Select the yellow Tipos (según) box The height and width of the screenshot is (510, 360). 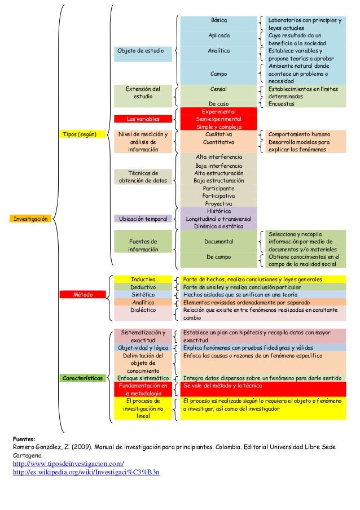click(79, 134)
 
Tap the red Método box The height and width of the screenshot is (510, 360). click(83, 295)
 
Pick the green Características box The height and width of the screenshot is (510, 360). click(83, 378)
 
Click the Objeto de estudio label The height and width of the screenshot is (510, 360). click(136, 51)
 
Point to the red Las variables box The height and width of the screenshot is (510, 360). click(143, 119)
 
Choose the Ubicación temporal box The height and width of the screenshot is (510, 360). click(143, 219)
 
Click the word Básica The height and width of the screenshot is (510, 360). click(218, 20)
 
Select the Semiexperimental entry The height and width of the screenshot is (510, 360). click(218, 119)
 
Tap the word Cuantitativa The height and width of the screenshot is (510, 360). click(218, 142)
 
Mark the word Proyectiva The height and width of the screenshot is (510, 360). click(218, 203)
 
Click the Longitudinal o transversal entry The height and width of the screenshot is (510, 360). click(218, 219)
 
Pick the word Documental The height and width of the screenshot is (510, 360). click(218, 242)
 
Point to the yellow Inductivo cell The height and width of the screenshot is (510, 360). click(143, 279)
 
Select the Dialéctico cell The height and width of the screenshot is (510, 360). click(143, 310)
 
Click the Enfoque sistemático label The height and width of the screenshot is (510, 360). click(143, 378)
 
